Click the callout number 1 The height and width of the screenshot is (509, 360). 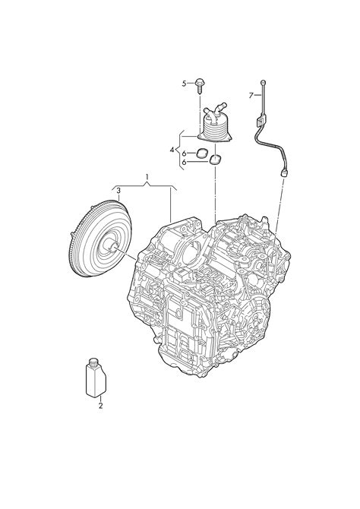[x=147, y=177]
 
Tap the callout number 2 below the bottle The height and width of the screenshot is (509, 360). [x=100, y=406]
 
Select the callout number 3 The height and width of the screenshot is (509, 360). [x=118, y=190]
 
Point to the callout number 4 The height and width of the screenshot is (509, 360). [x=172, y=150]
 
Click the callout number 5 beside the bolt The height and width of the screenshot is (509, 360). [x=184, y=84]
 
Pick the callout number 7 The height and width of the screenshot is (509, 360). [x=251, y=96]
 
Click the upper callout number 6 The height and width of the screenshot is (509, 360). [x=184, y=153]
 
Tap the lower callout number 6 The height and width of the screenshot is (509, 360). [x=184, y=163]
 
